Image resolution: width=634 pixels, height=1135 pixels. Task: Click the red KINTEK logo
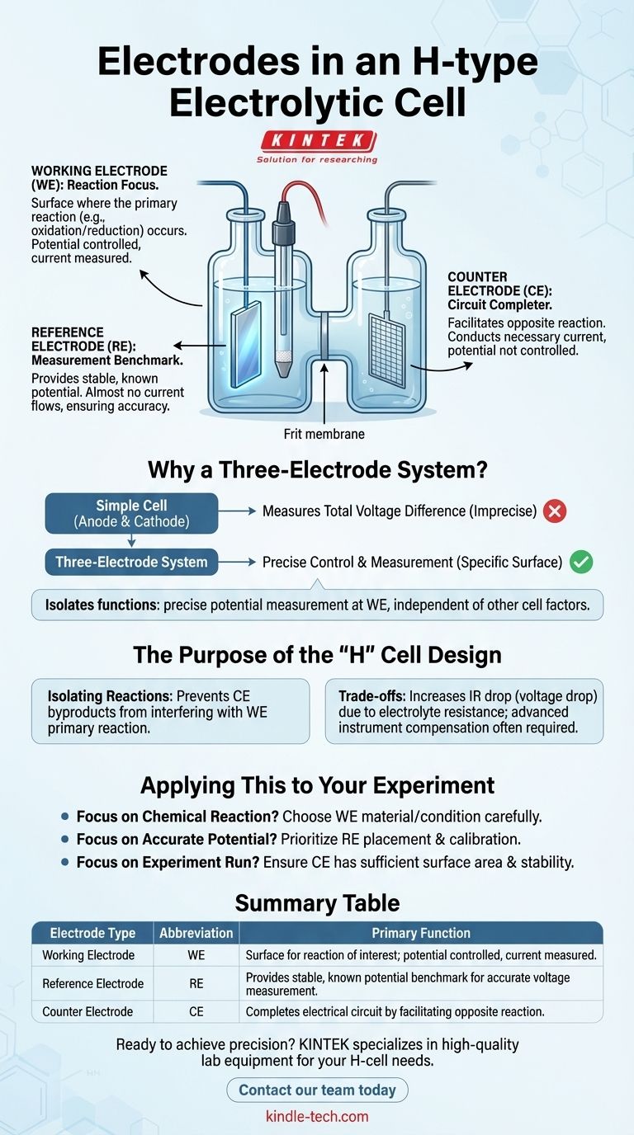(318, 141)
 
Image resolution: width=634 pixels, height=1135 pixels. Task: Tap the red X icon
(555, 511)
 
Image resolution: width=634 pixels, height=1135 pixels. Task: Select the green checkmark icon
(581, 562)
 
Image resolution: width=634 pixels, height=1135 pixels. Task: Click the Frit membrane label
(324, 434)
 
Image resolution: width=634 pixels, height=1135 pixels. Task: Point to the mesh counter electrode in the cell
(386, 350)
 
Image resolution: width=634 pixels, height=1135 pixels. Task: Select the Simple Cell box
(131, 513)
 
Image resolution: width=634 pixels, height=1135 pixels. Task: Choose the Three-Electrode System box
(131, 562)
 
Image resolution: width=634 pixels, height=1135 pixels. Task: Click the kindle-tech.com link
(317, 1116)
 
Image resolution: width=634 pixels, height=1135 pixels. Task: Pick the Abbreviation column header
(196, 933)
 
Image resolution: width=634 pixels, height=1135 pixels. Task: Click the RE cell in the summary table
(196, 983)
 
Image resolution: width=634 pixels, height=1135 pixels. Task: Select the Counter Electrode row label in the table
(88, 1011)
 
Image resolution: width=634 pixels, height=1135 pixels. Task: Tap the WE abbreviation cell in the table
(196, 955)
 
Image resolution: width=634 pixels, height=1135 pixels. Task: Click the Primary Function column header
(421, 933)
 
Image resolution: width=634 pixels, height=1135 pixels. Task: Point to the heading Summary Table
(317, 903)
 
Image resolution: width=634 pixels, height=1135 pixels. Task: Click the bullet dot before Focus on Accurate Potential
(64, 839)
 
